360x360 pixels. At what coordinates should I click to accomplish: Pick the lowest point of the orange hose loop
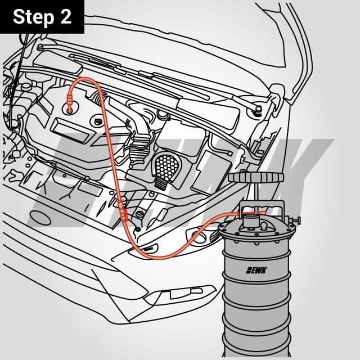tap(163, 256)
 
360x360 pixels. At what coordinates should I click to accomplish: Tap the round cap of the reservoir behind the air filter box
tap(163, 115)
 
